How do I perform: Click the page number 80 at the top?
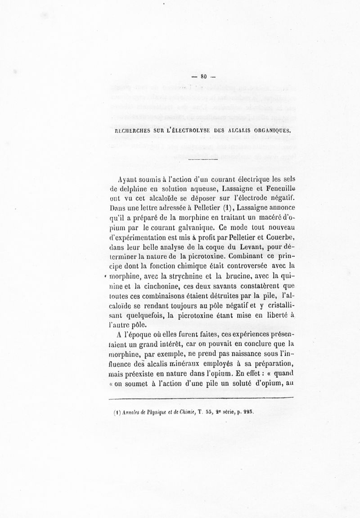point(203,77)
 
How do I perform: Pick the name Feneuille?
point(280,189)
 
